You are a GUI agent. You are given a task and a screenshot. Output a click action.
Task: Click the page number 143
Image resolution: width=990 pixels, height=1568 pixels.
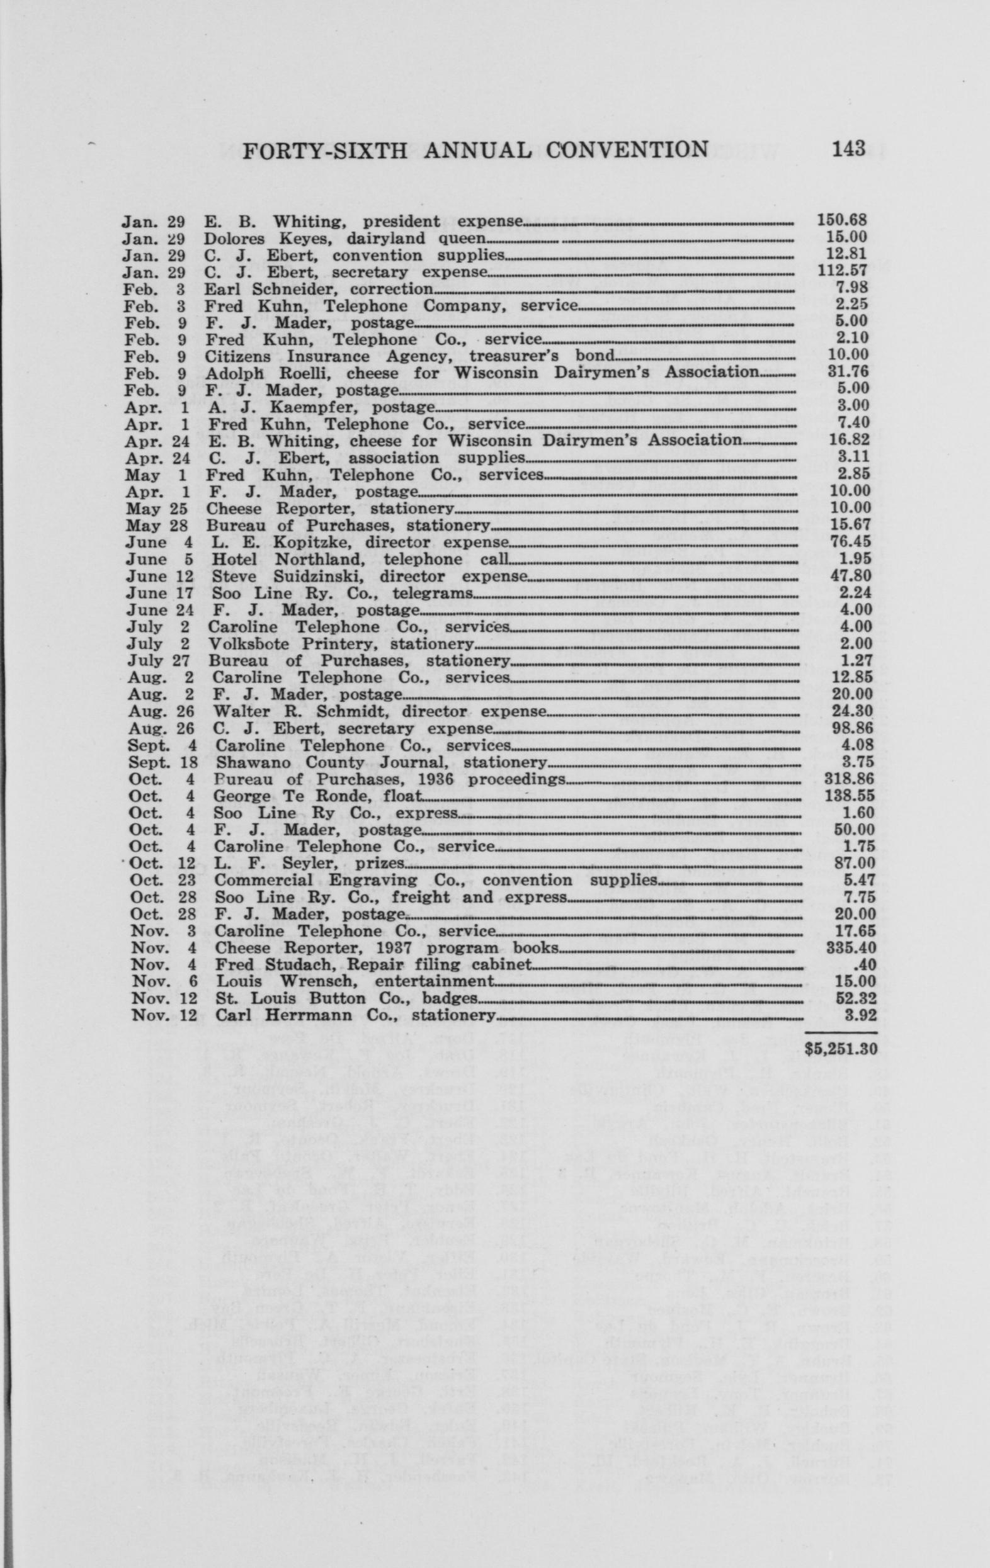coord(848,150)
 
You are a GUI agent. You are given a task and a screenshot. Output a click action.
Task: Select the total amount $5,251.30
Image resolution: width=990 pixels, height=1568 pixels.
coord(841,1049)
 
